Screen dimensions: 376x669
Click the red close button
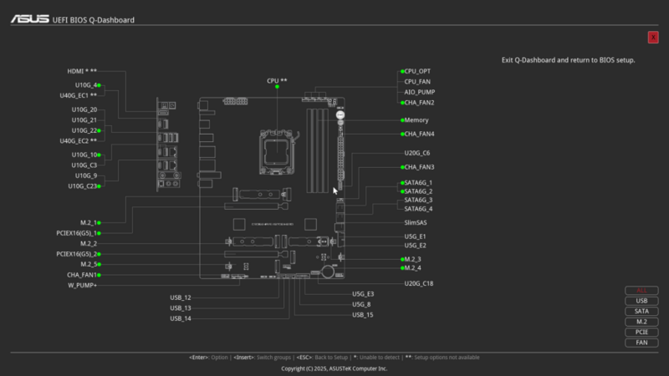(x=653, y=37)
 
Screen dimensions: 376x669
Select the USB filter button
(x=641, y=301)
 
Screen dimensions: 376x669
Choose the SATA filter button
(x=641, y=311)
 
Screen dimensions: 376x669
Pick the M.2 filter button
(x=641, y=322)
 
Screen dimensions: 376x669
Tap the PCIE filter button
(x=641, y=332)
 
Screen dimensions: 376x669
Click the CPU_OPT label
(x=417, y=71)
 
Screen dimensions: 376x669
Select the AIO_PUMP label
(x=418, y=92)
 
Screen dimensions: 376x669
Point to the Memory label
(x=416, y=119)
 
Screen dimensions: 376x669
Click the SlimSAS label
(x=416, y=222)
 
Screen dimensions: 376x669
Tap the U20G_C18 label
(x=418, y=284)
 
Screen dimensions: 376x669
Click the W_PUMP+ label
(x=82, y=285)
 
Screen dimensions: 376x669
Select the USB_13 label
(x=181, y=307)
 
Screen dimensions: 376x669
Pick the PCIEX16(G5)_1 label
(x=78, y=233)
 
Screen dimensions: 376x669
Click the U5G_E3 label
(x=363, y=294)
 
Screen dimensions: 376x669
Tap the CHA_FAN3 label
(x=419, y=167)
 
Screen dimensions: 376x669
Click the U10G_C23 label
(x=82, y=185)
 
